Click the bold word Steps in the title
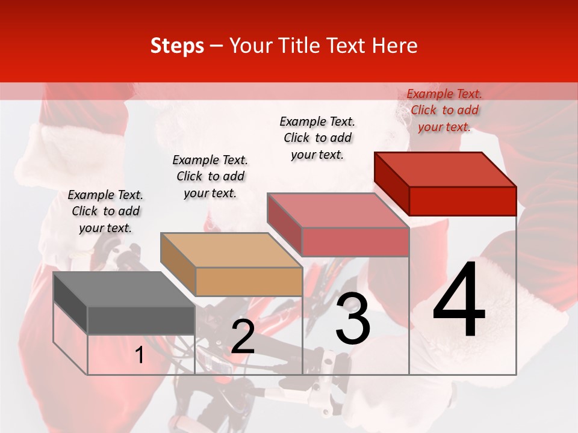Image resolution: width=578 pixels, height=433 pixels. (177, 46)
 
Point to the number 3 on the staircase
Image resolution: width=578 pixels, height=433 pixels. (352, 319)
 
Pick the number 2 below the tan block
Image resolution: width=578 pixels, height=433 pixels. (243, 337)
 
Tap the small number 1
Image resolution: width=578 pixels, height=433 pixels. (139, 355)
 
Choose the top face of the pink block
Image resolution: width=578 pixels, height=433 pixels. (337, 210)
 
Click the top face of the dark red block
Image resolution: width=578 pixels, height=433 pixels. (446, 170)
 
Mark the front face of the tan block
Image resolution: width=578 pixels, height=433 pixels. (249, 281)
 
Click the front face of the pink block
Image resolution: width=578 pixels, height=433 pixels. (355, 242)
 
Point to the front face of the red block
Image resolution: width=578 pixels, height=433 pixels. (462, 201)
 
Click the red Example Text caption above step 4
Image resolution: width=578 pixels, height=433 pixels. (444, 110)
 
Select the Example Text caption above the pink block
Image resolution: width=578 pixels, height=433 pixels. (317, 138)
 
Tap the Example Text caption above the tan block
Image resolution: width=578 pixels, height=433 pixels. (210, 176)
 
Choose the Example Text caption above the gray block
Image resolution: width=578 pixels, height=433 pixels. (105, 211)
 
